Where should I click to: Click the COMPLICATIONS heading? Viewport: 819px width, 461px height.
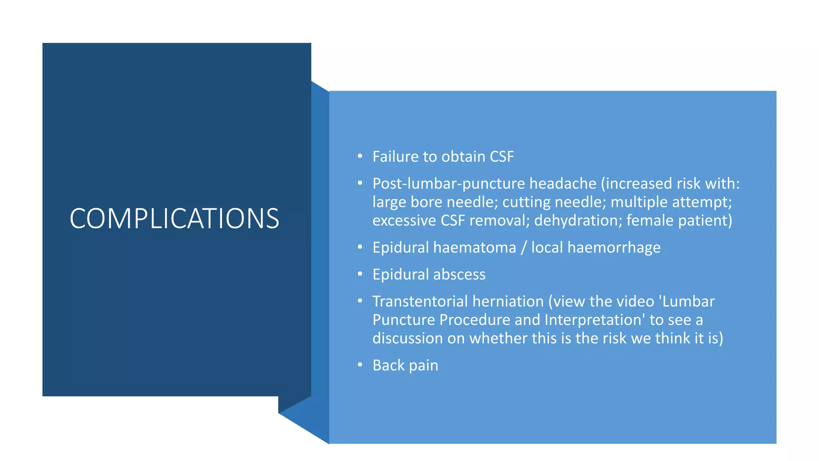point(174,218)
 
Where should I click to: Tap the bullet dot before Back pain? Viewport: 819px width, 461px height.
point(360,365)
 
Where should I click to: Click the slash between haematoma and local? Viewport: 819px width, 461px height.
point(523,248)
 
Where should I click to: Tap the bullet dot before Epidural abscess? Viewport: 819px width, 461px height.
point(360,274)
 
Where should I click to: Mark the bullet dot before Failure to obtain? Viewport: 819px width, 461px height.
point(360,156)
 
